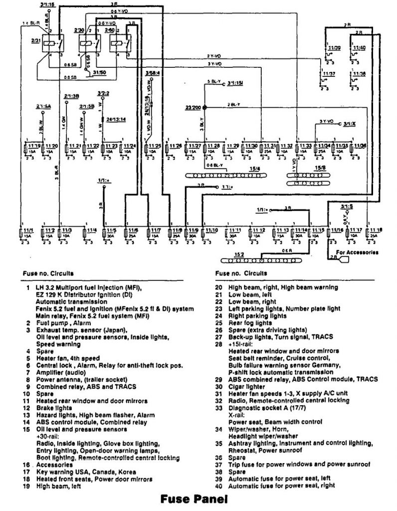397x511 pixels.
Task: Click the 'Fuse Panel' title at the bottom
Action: [x=194, y=498]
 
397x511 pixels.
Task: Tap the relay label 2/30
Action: [x=79, y=31]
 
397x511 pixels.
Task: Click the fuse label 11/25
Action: [x=156, y=146]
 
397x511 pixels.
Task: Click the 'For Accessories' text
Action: [x=357, y=253]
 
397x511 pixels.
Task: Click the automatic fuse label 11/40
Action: [x=359, y=47]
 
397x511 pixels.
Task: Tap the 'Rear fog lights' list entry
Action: [x=250, y=323]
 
